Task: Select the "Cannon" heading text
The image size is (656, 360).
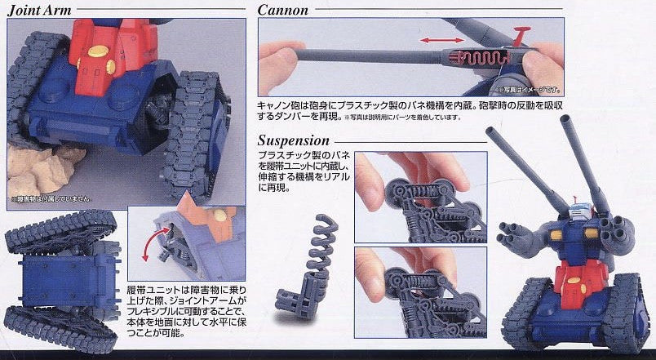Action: (x=282, y=9)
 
